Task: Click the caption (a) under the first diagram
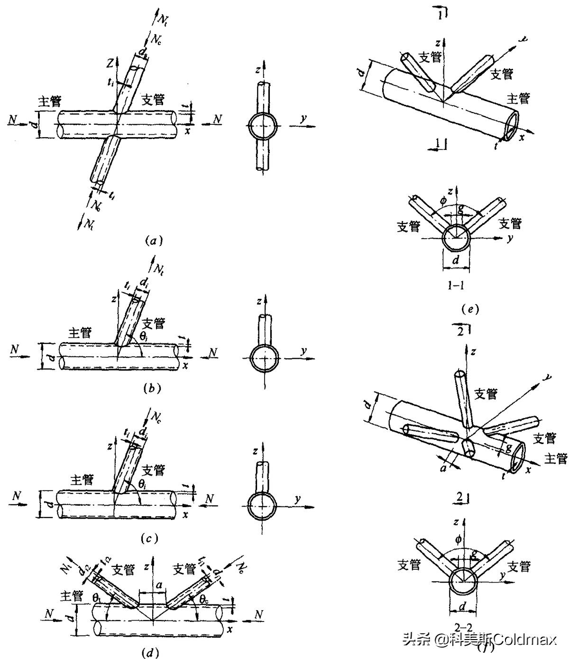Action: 154,241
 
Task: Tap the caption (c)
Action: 149,538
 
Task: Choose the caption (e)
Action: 467,310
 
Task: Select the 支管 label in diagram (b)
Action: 154,324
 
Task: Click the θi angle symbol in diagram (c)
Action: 142,483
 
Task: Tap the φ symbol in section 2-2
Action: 458,539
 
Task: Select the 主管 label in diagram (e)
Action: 518,99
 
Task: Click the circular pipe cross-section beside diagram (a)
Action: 263,127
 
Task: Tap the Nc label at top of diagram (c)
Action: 157,417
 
